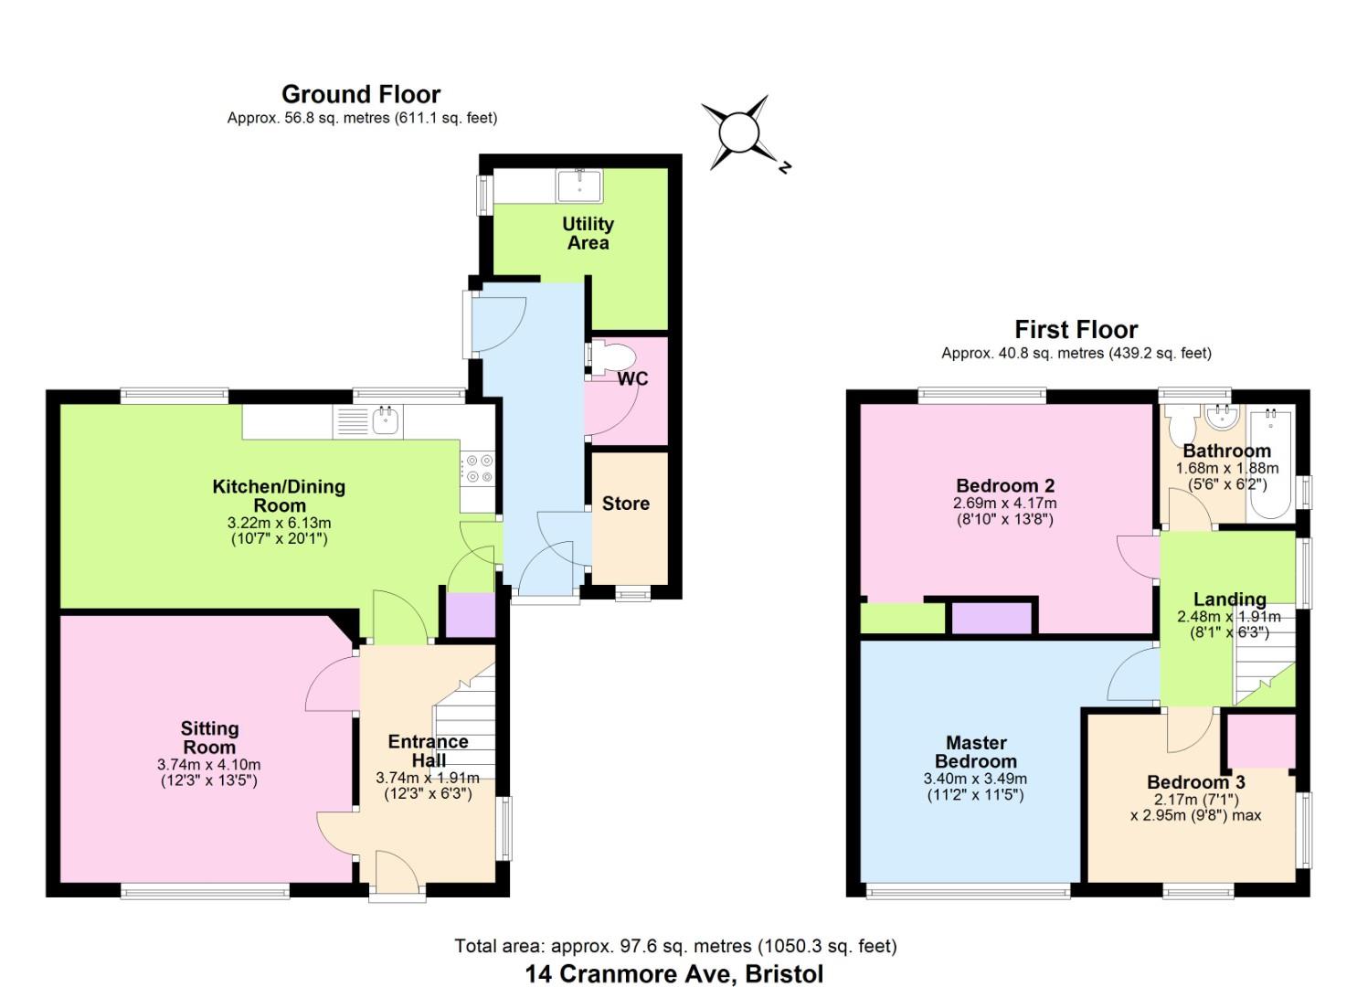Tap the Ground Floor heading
click(x=361, y=94)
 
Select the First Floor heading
click(x=1076, y=329)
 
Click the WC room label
click(x=632, y=378)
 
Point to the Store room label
click(x=626, y=504)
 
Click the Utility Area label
click(x=588, y=233)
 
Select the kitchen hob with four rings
click(x=478, y=469)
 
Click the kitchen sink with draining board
click(x=369, y=421)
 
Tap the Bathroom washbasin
click(x=1221, y=419)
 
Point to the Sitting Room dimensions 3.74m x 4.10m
click(x=209, y=765)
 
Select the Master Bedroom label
click(x=976, y=752)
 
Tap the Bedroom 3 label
click(x=1195, y=782)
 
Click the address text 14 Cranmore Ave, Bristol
click(x=674, y=973)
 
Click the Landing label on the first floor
click(x=1229, y=600)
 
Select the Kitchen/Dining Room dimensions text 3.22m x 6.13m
click(x=279, y=523)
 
